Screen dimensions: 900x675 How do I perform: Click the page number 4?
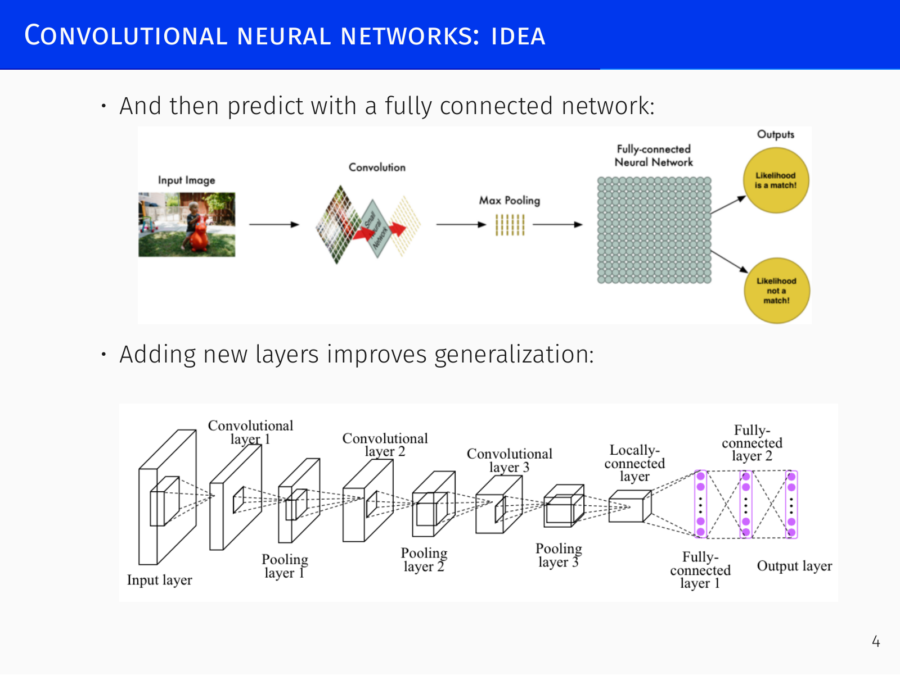(x=876, y=641)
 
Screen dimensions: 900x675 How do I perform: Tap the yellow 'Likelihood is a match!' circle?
(x=776, y=180)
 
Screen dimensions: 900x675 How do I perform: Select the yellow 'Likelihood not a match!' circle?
(x=777, y=291)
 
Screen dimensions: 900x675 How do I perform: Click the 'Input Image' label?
(x=187, y=180)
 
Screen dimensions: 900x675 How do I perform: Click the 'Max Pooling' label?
(x=510, y=200)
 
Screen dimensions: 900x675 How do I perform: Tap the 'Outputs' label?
(x=775, y=134)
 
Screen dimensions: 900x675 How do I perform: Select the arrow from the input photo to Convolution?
(x=274, y=224)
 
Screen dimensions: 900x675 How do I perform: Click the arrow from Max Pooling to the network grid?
(x=557, y=224)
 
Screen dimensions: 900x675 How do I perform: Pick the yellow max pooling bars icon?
(x=510, y=225)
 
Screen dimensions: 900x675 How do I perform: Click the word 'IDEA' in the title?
(x=518, y=36)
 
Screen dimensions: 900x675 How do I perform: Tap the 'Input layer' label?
(x=160, y=580)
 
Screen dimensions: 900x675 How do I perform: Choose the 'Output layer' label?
(x=794, y=565)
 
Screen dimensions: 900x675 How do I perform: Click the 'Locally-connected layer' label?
(x=634, y=463)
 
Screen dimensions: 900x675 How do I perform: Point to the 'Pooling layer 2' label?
(x=424, y=559)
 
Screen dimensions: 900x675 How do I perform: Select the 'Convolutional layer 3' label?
(x=509, y=460)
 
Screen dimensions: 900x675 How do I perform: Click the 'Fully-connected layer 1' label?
(x=700, y=570)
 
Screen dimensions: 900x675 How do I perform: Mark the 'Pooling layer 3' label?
(x=559, y=555)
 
